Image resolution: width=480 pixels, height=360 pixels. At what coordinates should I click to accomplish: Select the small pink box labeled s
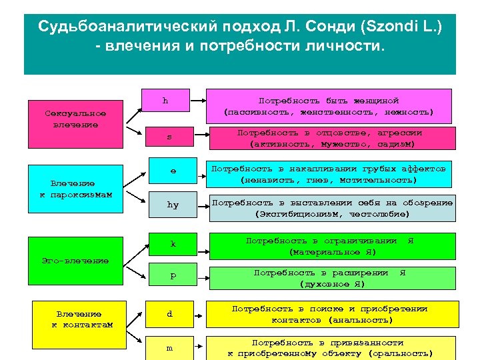pos(169,137)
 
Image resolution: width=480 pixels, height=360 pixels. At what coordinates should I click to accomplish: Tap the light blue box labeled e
pos(173,171)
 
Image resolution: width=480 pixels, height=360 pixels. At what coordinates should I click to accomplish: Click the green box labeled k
pos(173,244)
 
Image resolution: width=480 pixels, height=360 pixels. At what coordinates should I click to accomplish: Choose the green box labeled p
pos(173,275)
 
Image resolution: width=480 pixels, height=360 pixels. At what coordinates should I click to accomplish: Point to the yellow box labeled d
pos(169,313)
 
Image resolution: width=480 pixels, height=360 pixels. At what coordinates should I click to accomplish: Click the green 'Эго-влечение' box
pos(75,261)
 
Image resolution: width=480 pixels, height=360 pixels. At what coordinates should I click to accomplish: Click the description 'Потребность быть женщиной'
pos(328,105)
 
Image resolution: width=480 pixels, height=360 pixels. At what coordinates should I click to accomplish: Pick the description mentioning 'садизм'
pos(331,138)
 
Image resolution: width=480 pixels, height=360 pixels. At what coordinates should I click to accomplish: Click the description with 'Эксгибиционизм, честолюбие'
pos(332,208)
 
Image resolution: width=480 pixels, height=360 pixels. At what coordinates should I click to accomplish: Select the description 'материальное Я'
pos(332,246)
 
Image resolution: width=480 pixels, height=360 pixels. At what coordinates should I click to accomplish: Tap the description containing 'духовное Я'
pos(332,278)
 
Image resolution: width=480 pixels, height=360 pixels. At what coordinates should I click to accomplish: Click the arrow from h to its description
pos(197,101)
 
